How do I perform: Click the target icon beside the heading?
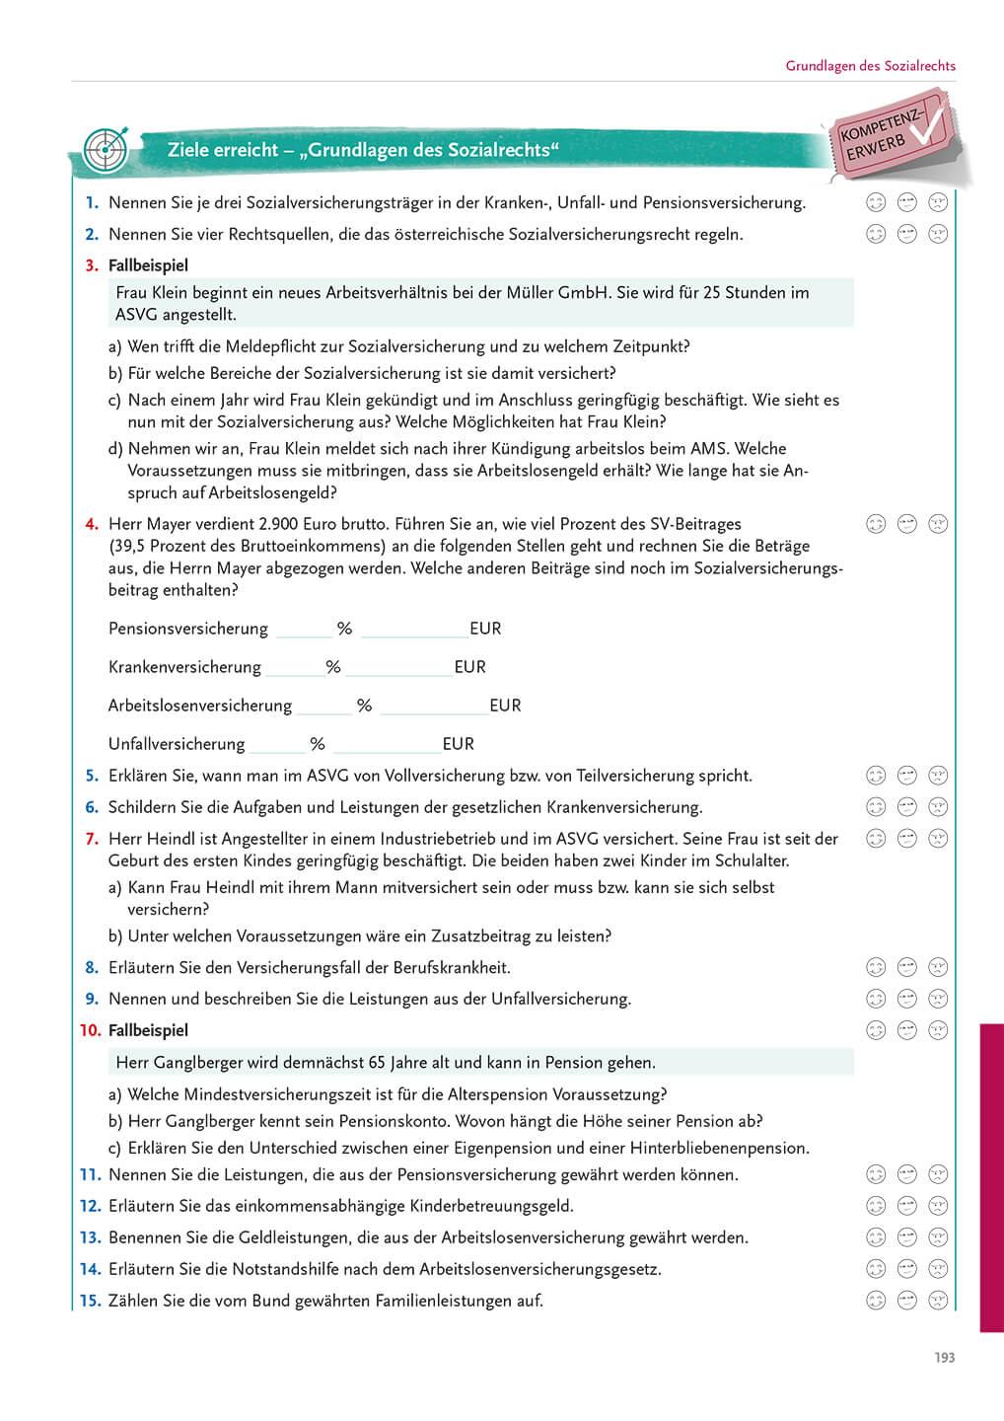(106, 150)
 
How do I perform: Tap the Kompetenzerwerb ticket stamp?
(890, 135)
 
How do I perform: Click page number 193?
(944, 1358)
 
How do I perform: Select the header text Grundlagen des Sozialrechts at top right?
(870, 66)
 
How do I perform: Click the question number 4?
(92, 524)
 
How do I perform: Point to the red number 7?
(92, 839)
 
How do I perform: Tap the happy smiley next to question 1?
(876, 202)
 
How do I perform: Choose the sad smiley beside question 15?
(938, 1301)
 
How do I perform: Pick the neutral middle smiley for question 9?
(907, 999)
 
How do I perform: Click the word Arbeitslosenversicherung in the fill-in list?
(200, 706)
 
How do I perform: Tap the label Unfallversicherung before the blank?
(177, 744)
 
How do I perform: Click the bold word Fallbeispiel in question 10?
(148, 1030)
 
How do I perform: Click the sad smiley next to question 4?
(938, 524)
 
